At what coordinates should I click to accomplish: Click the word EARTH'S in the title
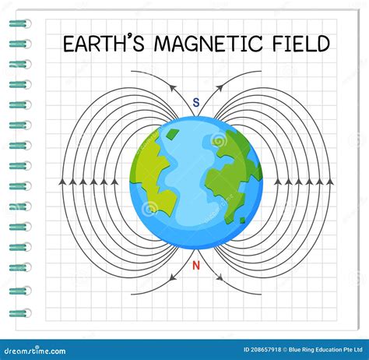(104, 43)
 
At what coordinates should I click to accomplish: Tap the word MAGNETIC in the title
(209, 43)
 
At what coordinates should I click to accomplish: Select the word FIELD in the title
(301, 43)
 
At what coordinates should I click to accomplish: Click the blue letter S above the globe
(196, 103)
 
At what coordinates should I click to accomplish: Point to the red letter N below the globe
(196, 266)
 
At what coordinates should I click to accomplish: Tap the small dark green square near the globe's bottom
(242, 221)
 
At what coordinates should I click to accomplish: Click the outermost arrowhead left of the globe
(61, 182)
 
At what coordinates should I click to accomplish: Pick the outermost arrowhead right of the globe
(330, 182)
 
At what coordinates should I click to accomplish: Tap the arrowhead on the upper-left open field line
(173, 88)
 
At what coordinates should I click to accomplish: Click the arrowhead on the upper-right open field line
(220, 88)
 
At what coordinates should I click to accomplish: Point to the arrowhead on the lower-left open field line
(173, 277)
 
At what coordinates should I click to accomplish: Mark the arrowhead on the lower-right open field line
(220, 277)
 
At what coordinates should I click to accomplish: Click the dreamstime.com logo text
(35, 351)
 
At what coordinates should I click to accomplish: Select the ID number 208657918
(266, 350)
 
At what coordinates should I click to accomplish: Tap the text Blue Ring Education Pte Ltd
(325, 350)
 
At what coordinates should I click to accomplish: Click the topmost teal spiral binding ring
(20, 24)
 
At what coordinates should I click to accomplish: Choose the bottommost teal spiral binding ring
(20, 313)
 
